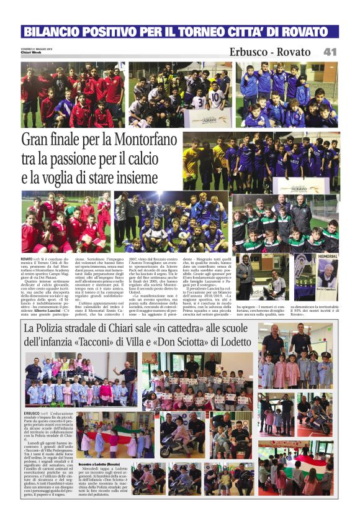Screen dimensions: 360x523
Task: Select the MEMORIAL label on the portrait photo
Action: [x=327, y=256]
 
